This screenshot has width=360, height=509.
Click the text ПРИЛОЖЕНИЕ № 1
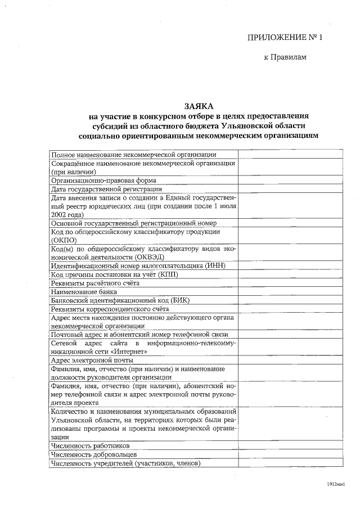286,38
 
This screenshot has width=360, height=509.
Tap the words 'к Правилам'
285,57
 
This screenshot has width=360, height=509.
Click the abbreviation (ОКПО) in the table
64,240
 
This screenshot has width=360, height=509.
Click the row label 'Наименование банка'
84,292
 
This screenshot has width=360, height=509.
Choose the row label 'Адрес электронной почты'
91,361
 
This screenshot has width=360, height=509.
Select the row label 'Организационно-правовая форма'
103,181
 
